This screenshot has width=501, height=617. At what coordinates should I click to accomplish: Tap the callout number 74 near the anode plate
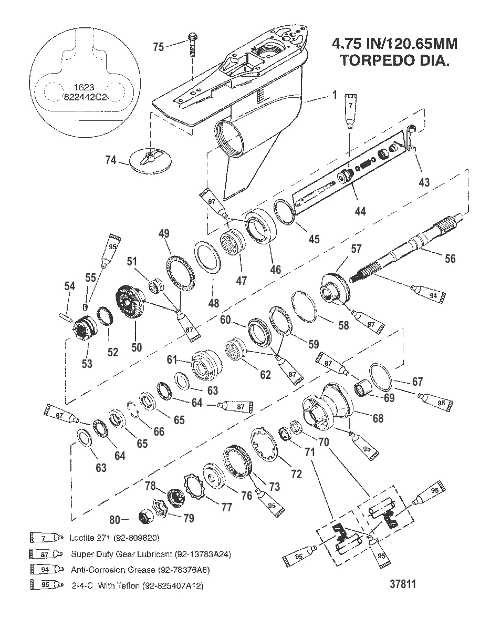111,161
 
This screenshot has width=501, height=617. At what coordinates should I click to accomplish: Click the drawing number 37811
403,584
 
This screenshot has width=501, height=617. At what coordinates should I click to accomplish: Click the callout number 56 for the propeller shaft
450,258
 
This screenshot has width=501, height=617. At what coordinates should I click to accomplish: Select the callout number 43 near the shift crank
424,182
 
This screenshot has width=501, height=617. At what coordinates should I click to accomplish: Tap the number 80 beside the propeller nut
115,520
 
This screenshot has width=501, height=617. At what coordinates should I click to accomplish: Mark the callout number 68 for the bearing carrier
378,418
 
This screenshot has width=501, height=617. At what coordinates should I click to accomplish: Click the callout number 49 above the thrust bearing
164,233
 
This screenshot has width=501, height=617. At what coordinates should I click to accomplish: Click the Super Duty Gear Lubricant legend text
151,553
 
